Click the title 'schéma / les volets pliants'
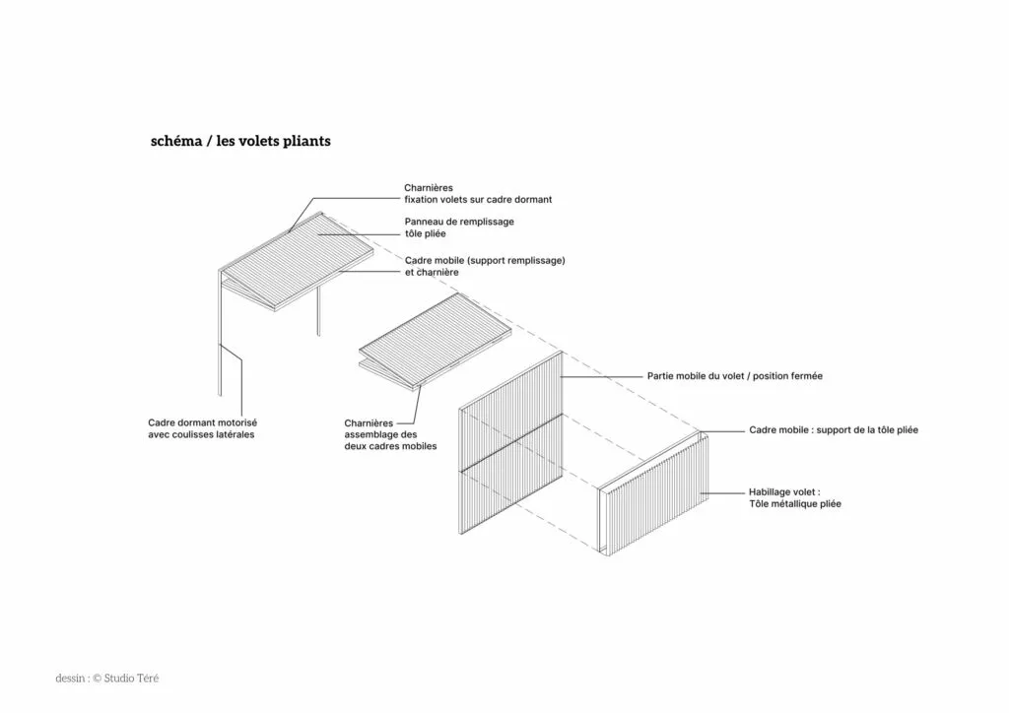pos(240,142)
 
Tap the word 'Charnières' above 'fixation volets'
pos(429,188)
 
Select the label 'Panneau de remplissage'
pos(459,222)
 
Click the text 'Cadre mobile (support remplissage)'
pos(485,260)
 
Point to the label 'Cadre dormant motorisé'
pos(203,423)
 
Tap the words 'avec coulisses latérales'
pos(201,434)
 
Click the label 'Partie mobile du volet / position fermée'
pos(735,376)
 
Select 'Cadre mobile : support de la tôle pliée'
pos(834,430)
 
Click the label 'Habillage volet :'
pos(784,492)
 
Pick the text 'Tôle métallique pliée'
pos(795,504)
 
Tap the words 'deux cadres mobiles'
pos(390,446)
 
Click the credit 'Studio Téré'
pos(131,679)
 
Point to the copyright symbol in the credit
pos(98,679)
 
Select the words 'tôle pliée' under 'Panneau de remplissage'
pos(426,233)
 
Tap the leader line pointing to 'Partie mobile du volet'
pos(602,376)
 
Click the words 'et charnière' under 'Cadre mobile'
pos(432,272)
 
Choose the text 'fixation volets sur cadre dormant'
pos(478,200)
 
